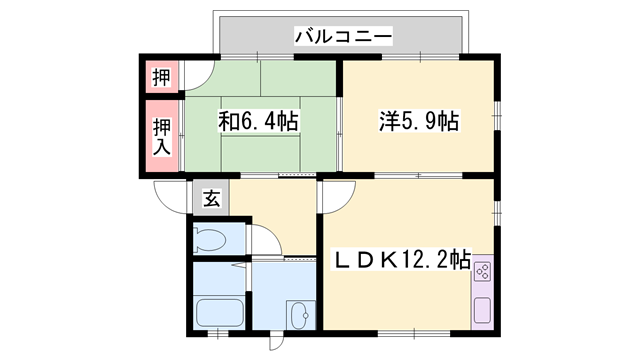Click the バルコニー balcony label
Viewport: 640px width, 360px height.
point(343,37)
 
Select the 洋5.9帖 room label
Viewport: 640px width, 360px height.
point(419,122)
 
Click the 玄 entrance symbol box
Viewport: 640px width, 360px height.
point(211,198)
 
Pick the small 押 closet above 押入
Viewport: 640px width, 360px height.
point(161,77)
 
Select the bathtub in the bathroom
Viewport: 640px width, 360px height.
point(218,312)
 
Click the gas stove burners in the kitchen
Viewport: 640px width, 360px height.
point(481,271)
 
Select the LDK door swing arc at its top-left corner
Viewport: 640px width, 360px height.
point(331,196)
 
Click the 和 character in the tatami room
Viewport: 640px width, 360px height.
point(229,122)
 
